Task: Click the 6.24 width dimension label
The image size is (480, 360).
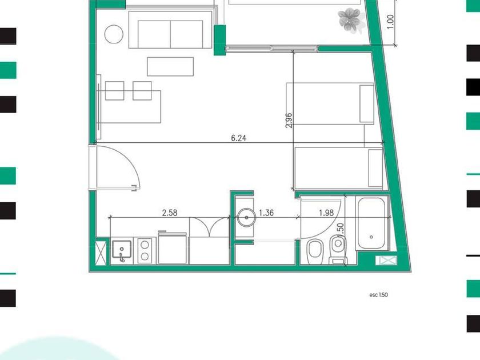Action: [238, 138]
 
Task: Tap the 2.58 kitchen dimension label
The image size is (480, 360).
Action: [170, 213]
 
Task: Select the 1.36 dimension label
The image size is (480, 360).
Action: [266, 213]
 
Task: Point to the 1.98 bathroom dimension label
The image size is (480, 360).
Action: [326, 213]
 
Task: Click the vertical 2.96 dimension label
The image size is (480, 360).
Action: [289, 121]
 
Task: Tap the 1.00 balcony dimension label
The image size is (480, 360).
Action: [390, 22]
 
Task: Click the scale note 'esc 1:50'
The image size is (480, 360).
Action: [379, 295]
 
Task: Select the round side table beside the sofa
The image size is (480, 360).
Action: [114, 34]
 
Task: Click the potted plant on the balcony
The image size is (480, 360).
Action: [350, 20]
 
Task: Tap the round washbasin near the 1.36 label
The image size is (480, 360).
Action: [247, 218]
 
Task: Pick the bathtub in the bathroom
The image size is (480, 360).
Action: [371, 223]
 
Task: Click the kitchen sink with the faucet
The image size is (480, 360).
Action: [122, 250]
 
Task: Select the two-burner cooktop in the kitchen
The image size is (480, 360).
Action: [145, 250]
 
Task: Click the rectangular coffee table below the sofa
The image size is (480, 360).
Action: [170, 66]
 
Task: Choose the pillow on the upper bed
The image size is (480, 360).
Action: [367, 104]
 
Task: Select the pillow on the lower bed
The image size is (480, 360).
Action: [375, 168]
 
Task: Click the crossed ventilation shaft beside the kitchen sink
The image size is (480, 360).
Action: [101, 252]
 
